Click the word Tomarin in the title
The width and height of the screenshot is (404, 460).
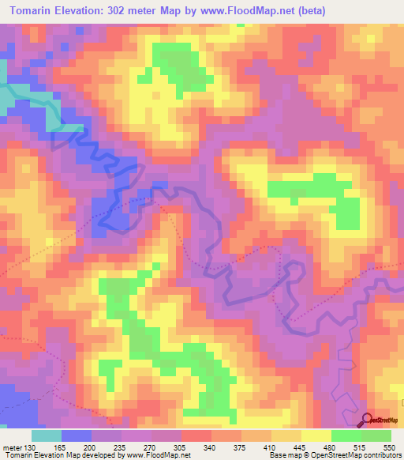(35, 11)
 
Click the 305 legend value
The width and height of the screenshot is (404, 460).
(181, 447)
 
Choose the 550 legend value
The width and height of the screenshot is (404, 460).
(389, 447)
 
